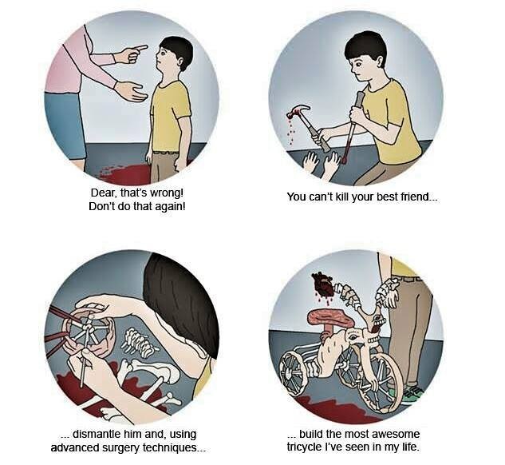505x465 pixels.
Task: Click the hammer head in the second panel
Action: (x=298, y=110)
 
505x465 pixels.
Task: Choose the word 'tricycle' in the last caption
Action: (x=304, y=447)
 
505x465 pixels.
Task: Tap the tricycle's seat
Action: (x=330, y=317)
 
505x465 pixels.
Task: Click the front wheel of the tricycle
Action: (x=380, y=384)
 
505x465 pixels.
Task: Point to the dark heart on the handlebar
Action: (x=323, y=284)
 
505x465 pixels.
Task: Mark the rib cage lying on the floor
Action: (x=139, y=343)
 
